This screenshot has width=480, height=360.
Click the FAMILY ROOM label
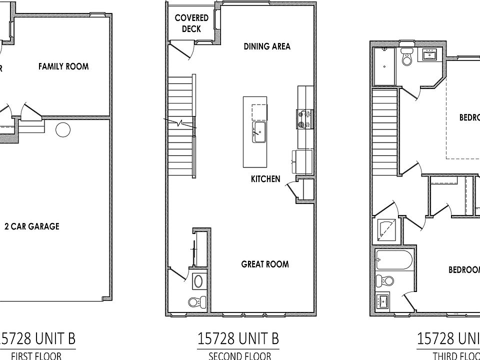click(63, 66)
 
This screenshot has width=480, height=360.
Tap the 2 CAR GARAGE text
click(31, 226)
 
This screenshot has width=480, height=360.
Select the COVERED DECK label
click(191, 23)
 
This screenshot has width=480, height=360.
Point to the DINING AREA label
click(267, 46)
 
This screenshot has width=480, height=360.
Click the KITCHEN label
click(265, 178)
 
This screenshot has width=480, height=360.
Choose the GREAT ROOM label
click(265, 264)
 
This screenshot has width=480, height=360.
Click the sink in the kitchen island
click(258, 131)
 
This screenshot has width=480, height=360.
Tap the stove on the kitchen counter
click(304, 119)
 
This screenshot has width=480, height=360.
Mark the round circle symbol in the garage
click(63, 129)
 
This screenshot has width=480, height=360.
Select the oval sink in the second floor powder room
click(198, 281)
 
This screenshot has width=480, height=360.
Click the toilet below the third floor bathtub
click(384, 280)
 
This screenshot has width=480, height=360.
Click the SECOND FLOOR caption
click(239, 356)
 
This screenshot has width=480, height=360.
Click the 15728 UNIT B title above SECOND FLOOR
click(238, 338)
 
